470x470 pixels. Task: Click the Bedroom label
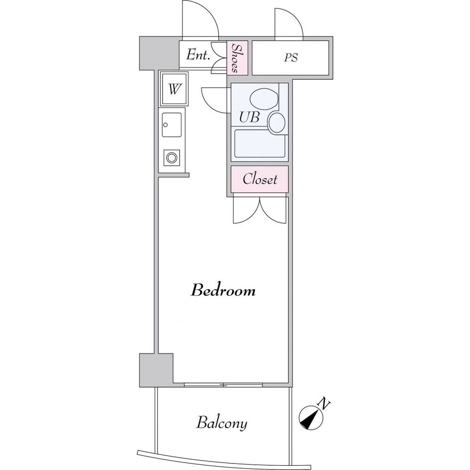coord(223,290)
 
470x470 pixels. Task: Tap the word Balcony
coord(222,423)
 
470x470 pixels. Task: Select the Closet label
coord(260,179)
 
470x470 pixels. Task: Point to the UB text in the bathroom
coord(249,117)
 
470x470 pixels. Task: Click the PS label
coord(291,57)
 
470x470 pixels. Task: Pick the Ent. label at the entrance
coord(197,55)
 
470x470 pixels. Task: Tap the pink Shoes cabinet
coord(237,58)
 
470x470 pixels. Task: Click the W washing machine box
coord(174,88)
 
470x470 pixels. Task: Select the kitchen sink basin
coord(172,125)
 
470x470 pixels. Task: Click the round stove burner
coord(172,157)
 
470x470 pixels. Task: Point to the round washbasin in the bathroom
coord(277,122)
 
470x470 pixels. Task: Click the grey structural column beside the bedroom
coord(156,370)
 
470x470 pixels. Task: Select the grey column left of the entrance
coord(159,53)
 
